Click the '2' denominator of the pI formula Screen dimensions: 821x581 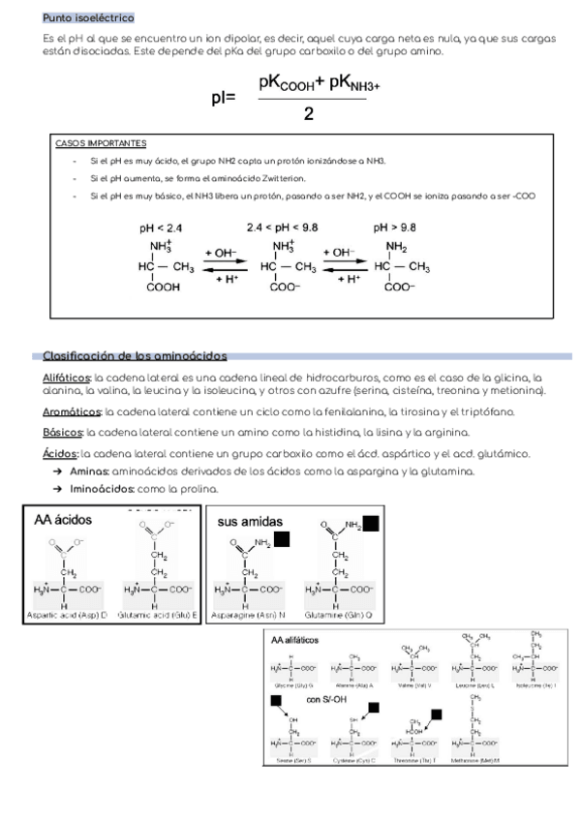(308, 113)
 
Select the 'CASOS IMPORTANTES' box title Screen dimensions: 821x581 (101, 142)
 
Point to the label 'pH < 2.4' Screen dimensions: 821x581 (161, 228)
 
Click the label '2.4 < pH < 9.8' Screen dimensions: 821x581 (283, 228)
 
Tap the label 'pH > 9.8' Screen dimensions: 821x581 (395, 228)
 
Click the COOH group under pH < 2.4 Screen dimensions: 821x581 (163, 287)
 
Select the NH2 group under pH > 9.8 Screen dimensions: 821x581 (396, 246)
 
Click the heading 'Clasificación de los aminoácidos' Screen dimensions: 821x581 (135, 356)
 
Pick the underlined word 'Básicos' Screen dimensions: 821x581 (63, 432)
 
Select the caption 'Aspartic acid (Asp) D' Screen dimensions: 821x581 (70, 615)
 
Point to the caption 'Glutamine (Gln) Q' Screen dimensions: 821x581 (338, 615)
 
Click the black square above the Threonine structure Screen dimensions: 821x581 (436, 715)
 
